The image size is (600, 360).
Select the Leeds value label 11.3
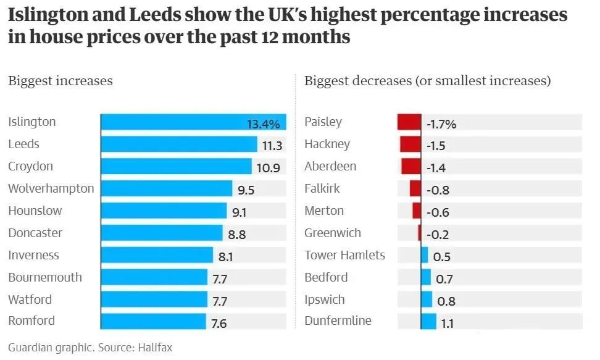[x=272, y=146]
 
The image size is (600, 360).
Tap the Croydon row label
[x=30, y=167]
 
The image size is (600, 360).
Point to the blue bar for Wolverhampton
[x=167, y=189]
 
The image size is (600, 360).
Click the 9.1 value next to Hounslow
[x=239, y=212]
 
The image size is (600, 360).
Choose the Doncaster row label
[x=35, y=233]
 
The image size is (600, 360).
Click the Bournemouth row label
[x=44, y=278]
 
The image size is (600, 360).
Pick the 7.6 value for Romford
[x=219, y=324]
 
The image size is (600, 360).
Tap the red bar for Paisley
[x=409, y=122]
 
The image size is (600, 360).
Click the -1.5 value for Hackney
[x=435, y=146]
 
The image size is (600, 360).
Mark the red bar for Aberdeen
[x=410, y=167]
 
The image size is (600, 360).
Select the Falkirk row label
[x=322, y=189]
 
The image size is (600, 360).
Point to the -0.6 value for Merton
[x=438, y=213]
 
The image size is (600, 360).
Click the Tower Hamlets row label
[x=344, y=256]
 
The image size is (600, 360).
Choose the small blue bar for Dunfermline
[x=429, y=322]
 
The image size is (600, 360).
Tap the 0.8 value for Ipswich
[x=446, y=302]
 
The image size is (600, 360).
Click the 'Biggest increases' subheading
[x=60, y=81]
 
